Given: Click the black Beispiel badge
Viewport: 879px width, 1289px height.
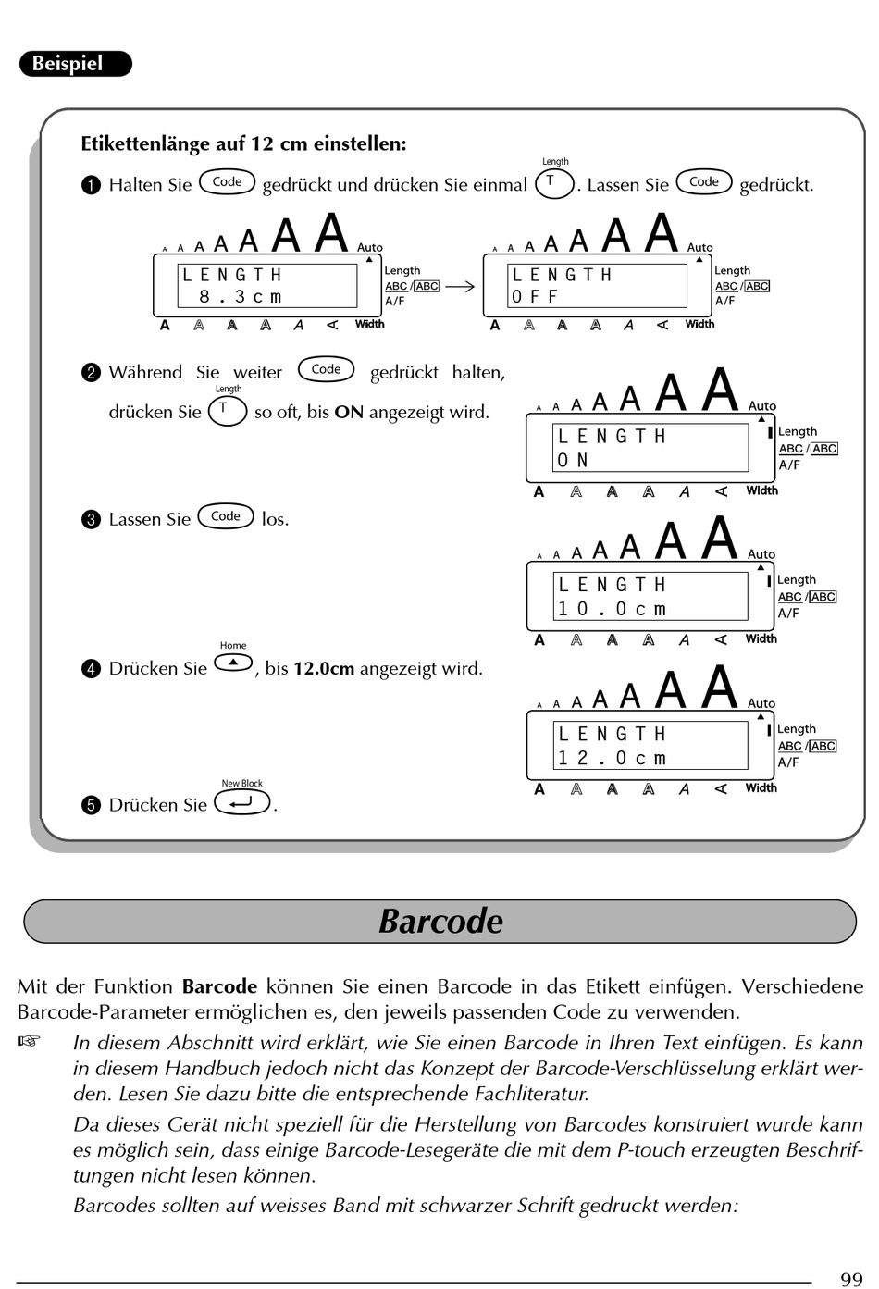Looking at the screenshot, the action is point(75,63).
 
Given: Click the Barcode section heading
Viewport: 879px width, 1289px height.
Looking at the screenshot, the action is point(440,922).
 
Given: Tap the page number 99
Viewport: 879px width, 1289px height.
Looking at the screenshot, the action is point(851,1279).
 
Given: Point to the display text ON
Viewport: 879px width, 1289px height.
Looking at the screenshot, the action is point(573,460).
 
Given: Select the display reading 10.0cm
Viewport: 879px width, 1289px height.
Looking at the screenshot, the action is point(613,608).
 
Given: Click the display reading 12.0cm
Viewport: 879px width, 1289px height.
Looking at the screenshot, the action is point(613,757).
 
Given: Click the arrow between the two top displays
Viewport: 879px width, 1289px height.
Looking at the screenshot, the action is point(460,286).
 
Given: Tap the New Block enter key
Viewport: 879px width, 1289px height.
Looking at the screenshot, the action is point(242,802).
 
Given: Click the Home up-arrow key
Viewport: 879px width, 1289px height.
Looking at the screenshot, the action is point(233,663).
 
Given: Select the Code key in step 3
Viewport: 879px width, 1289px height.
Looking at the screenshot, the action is point(226,516).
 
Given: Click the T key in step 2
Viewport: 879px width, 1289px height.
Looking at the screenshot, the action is point(228,411).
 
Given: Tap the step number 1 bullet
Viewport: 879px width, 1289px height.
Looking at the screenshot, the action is point(91,185).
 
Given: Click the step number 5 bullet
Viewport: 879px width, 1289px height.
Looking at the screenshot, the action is point(91,805).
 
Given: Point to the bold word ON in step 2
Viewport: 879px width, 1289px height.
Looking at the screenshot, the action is point(349,412).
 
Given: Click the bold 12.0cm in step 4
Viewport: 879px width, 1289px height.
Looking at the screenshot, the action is point(324,669).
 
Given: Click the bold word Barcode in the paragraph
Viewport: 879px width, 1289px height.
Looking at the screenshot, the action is point(220,986).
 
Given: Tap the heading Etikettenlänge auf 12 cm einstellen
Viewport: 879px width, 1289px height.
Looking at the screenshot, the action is point(244,143).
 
